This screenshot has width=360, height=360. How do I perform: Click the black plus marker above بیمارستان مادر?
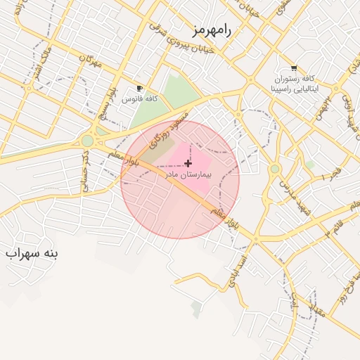click(x=188, y=163)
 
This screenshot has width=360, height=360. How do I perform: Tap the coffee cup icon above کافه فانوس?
click(x=139, y=89)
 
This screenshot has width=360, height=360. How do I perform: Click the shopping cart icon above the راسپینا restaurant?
click(x=293, y=68)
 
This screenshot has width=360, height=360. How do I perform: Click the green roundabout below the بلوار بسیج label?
click(x=87, y=141)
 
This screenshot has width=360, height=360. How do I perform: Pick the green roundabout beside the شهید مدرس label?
click(x=274, y=169)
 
